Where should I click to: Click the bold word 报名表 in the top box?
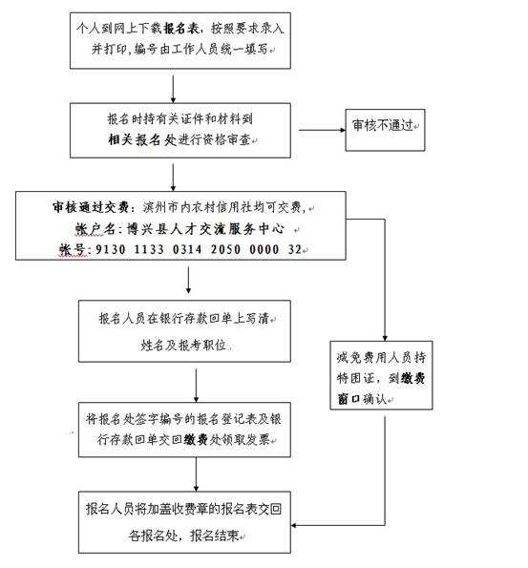[180, 28]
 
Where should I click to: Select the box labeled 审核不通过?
[385, 130]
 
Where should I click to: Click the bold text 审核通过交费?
[91, 207]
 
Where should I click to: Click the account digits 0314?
[187, 249]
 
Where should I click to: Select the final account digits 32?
[295, 249]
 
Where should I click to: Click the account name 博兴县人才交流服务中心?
[205, 228]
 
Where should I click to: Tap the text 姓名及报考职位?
[183, 346]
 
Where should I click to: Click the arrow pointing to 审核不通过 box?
[322, 130]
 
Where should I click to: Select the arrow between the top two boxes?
[173, 89]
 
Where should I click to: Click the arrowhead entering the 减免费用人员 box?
[385, 338]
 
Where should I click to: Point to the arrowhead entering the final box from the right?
[294, 525]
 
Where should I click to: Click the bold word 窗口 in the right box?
[348, 399]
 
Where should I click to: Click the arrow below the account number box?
[188, 280]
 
